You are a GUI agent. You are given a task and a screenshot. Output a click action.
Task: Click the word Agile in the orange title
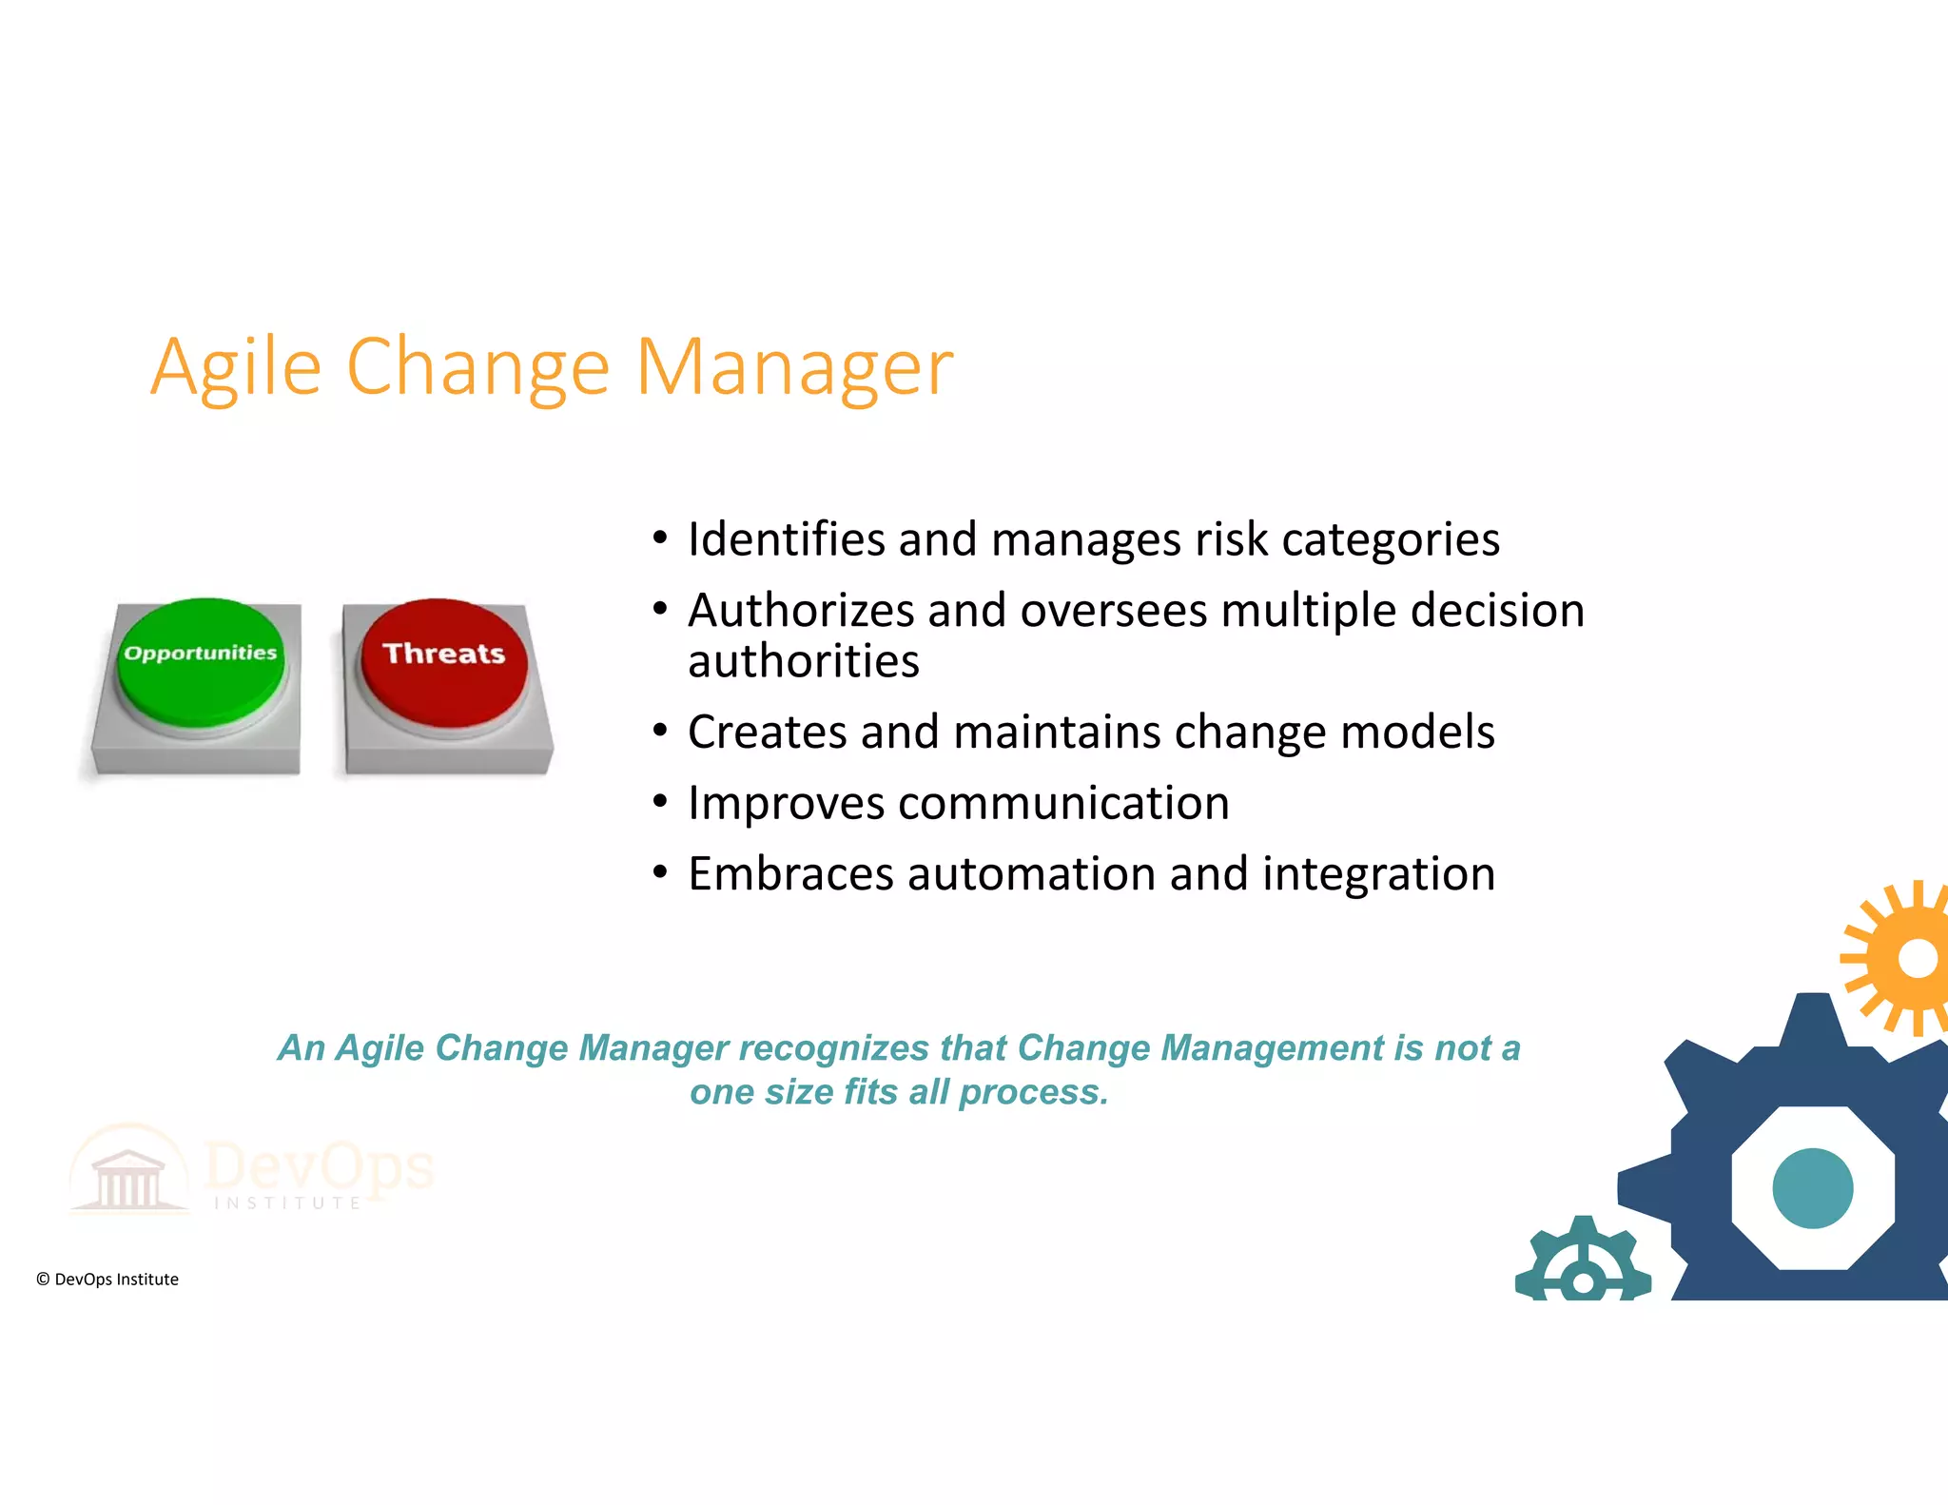pos(236,367)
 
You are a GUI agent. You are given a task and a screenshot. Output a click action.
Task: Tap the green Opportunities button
pos(200,661)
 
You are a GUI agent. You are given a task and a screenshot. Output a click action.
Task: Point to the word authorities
pos(804,661)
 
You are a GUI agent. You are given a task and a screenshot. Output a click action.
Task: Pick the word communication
pos(1063,804)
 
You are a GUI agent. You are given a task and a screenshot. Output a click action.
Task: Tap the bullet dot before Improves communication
pos(660,801)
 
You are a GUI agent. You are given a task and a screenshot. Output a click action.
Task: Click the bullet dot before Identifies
pos(660,537)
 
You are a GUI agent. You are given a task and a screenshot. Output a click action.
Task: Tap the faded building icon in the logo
pos(128,1178)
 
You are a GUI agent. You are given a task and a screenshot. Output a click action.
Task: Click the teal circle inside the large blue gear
pos(1812,1188)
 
